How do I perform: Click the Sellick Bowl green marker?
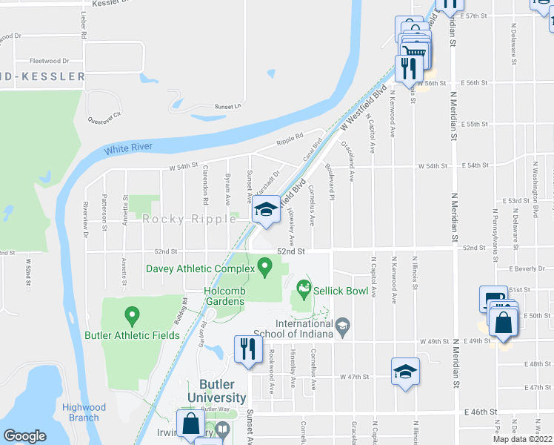pos(302,287)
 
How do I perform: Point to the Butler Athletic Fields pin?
pos(133,317)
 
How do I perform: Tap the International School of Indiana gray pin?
pos(342,324)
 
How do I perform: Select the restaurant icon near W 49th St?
pos(247,349)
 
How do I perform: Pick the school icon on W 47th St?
pos(405,372)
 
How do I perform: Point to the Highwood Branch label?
pos(80,412)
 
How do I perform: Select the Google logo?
pos(25,436)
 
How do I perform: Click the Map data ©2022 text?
pos(522,439)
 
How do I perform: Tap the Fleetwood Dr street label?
pos(49,61)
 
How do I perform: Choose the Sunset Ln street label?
pos(227,106)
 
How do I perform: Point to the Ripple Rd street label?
pos(290,138)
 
